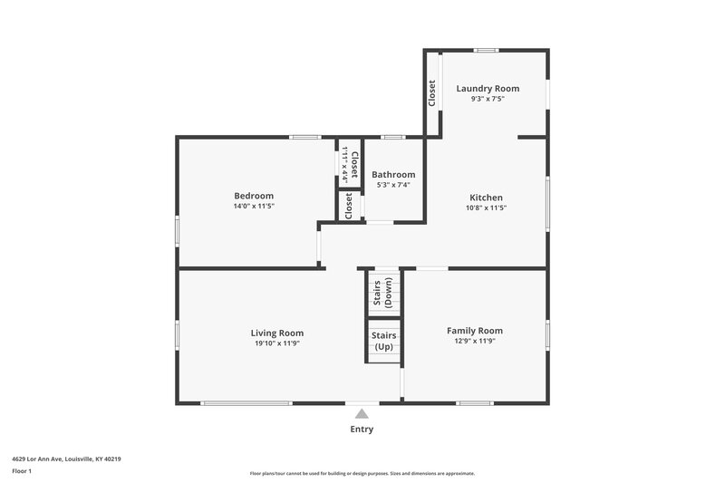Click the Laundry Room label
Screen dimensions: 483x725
(488, 88)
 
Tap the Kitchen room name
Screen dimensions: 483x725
(486, 198)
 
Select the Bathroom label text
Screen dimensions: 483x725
(393, 175)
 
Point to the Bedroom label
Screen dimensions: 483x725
(254, 196)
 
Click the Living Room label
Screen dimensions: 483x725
(277, 333)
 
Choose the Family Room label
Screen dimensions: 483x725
(474, 331)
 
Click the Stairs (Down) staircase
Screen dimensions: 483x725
(382, 295)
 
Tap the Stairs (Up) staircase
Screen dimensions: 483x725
(383, 342)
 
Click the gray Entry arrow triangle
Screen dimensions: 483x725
(362, 413)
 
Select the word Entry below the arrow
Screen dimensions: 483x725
(362, 430)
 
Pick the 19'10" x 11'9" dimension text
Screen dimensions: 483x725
(277, 343)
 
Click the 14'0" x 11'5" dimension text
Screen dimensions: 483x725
(254, 207)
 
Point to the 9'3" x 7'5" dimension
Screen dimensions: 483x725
(488, 99)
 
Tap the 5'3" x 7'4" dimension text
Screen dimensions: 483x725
(393, 185)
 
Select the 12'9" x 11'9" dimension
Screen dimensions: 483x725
(474, 342)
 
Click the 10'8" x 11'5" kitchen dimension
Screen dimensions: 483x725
(486, 208)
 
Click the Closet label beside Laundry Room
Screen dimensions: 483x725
(431, 93)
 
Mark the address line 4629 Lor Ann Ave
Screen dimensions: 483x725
(66, 459)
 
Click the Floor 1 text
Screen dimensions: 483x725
(22, 471)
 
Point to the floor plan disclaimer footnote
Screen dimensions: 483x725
(362, 473)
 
